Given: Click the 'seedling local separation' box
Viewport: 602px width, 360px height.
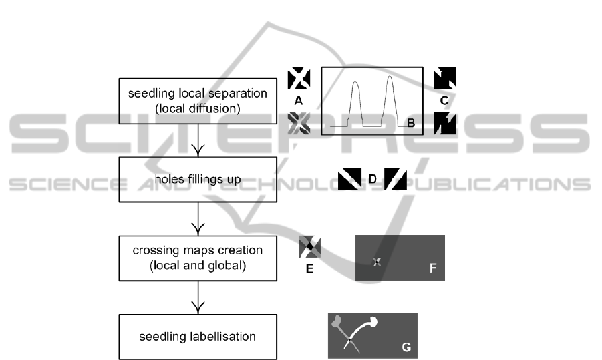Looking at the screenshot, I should tap(197, 101).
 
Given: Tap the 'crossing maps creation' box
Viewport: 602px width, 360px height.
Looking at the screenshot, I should tap(197, 256).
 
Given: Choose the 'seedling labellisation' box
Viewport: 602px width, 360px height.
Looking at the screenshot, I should tap(197, 336).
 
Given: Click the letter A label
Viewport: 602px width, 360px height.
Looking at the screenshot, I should tap(299, 101).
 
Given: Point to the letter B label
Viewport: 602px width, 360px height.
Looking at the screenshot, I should tap(412, 122).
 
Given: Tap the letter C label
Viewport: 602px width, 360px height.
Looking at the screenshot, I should tap(444, 101).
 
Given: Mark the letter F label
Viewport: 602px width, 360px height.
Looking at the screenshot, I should tap(433, 269).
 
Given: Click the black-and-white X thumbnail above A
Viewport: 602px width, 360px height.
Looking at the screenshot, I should tap(299, 79).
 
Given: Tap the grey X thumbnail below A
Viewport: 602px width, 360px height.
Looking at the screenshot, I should tap(299, 122).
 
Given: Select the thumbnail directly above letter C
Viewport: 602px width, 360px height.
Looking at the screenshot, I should tap(444, 79).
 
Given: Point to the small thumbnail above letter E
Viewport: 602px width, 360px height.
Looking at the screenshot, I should tap(309, 248).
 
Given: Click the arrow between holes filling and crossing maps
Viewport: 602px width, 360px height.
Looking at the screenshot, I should tap(197, 218).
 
